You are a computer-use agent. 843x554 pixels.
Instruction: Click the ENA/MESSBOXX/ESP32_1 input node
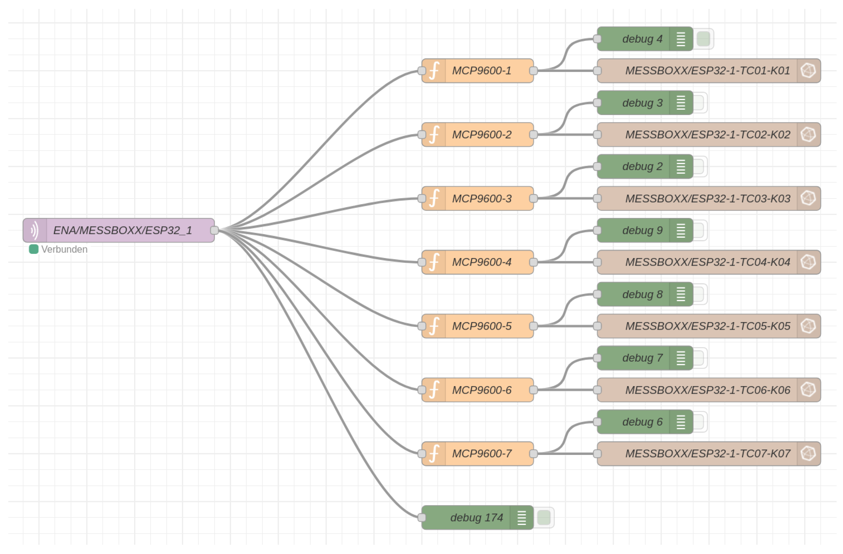pos(122,231)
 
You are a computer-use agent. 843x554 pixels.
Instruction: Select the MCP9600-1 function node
pos(482,71)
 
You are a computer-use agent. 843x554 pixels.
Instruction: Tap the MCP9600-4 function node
pos(482,263)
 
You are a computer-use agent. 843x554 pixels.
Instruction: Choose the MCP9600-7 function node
pos(482,454)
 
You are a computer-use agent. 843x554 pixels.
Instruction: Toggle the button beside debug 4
pos(703,39)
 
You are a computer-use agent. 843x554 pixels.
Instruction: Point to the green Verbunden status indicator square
pos(34,249)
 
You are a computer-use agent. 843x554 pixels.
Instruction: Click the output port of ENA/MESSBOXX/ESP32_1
pos(214,231)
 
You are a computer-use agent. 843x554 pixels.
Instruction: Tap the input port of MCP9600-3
pos(422,199)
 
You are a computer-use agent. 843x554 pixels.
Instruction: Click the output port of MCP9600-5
pos(534,326)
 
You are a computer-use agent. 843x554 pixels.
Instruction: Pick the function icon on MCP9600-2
pos(434,135)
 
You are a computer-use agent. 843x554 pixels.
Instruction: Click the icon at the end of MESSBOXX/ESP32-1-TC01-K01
pos(809,71)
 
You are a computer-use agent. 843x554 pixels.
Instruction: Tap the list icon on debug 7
pos(681,358)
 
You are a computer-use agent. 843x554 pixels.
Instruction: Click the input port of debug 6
pos(597,422)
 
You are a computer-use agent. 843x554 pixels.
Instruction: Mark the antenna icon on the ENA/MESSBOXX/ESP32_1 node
pos(35,231)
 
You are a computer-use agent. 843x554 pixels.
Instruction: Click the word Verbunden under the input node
pos(64,249)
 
